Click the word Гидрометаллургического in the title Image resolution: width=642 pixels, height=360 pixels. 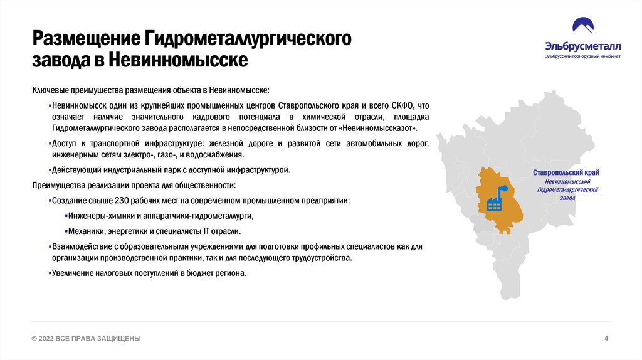coord(248,38)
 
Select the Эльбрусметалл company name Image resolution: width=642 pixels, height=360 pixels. coord(583,46)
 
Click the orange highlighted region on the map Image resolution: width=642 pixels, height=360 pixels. coord(502,213)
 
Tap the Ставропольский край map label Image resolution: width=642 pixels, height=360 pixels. coord(566,172)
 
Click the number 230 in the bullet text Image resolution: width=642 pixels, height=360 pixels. coord(122,201)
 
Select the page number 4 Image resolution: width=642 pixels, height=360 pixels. coord(606,339)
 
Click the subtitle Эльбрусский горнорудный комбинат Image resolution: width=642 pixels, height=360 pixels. coord(583,56)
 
